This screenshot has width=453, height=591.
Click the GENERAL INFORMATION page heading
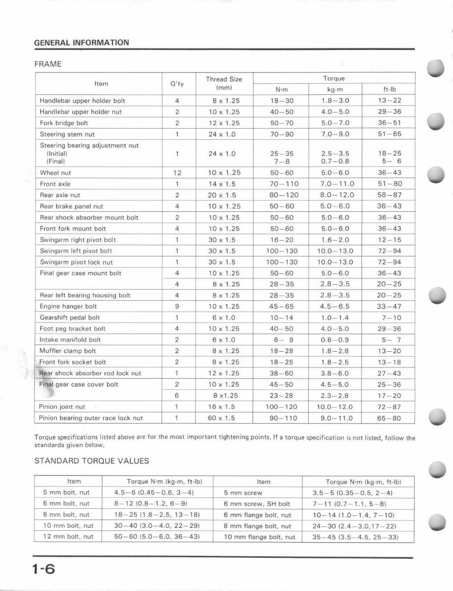click(x=82, y=43)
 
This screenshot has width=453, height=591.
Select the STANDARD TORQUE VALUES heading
click(x=91, y=461)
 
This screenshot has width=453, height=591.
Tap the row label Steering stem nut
click(x=67, y=134)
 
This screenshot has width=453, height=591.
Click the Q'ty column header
click(x=177, y=84)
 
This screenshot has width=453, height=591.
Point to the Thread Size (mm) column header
click(x=224, y=84)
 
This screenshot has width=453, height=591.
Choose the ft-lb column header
click(x=389, y=90)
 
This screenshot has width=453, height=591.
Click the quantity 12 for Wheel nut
click(x=177, y=173)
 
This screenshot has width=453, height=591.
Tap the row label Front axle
click(x=55, y=184)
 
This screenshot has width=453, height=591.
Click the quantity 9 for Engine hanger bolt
click(x=177, y=307)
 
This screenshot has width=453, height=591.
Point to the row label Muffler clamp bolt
click(x=68, y=351)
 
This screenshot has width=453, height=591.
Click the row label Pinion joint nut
click(x=62, y=407)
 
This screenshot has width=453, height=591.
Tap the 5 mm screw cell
click(x=243, y=493)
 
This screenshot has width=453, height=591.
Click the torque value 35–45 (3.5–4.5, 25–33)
click(x=355, y=537)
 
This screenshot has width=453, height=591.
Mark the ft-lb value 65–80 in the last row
click(x=389, y=418)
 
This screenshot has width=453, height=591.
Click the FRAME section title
click(x=47, y=64)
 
